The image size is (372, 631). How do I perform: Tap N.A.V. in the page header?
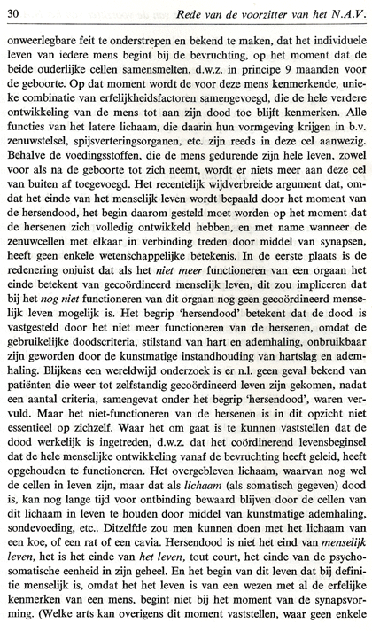pos(342,12)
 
